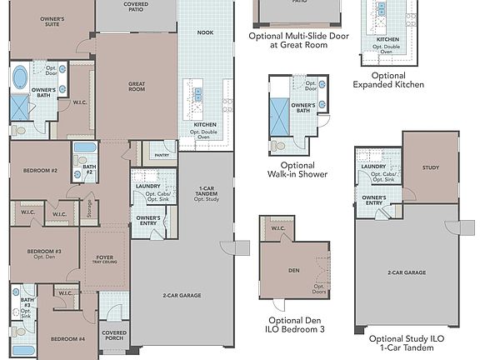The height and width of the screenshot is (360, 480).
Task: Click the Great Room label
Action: [x=137, y=85]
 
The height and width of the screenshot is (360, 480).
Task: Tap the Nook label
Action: [x=205, y=32]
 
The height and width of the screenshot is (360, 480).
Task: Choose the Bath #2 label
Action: [x=89, y=171]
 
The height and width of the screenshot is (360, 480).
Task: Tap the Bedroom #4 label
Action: [x=67, y=338]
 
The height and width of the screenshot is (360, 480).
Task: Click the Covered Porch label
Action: [x=114, y=336]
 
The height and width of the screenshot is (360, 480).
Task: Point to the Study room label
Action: [x=430, y=167]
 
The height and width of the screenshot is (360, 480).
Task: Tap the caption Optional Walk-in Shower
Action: [x=297, y=170]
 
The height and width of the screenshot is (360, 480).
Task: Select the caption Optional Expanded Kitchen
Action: [x=387, y=80]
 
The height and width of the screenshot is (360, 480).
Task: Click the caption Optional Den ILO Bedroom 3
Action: [x=297, y=323]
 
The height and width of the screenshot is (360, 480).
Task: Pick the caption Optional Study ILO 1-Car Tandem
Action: [x=413, y=343]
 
